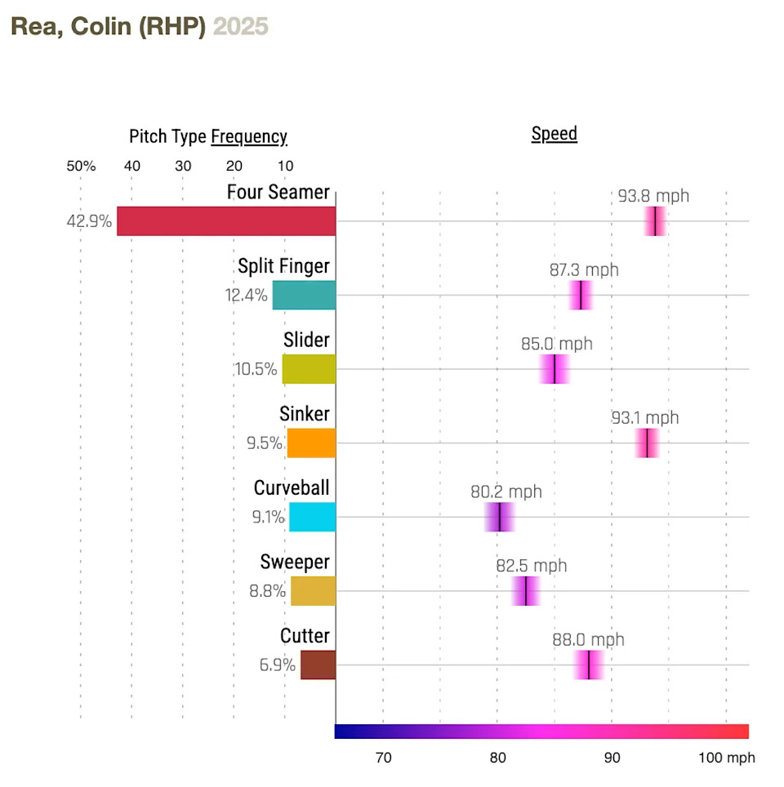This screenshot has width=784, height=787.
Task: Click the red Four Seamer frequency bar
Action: pos(226,221)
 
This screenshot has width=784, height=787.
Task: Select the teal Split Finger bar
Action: pos(304,295)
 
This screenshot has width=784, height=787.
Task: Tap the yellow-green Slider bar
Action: pos(309,369)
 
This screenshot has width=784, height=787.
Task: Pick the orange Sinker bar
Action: pos(311,442)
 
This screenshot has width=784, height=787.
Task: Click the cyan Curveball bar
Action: pos(312,517)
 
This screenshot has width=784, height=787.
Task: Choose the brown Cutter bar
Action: pos(318,665)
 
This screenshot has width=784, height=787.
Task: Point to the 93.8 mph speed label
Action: pos(653,196)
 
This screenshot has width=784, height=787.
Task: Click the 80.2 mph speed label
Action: pos(506,492)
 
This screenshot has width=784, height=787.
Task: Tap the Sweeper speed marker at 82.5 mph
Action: pos(526,591)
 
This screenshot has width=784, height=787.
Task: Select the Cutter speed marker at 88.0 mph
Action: pos(589,665)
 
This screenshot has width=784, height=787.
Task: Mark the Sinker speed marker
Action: pos(647,442)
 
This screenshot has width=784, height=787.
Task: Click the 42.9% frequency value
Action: pos(89,221)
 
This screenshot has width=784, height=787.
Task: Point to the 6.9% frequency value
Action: pos(278,665)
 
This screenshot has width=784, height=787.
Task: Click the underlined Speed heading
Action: pos(554,134)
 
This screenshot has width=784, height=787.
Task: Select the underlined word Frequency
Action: pos(249,136)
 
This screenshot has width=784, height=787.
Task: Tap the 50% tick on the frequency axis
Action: pos(81,167)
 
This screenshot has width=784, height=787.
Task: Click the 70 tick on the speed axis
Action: pos(383,758)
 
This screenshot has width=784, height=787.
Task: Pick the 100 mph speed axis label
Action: pos(726,758)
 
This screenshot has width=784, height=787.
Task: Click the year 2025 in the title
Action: pos(240,27)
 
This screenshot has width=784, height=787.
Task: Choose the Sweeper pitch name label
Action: pos(295,562)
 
